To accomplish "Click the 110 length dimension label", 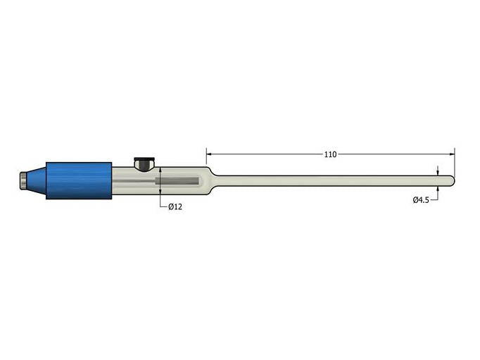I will [330, 154].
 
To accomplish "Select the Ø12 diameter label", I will [175, 206].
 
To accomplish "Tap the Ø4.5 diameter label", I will [421, 200].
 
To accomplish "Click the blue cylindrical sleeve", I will [79, 180].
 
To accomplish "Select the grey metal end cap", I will [23, 181].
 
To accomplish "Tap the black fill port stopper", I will [144, 164].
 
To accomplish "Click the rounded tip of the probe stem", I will [452, 181].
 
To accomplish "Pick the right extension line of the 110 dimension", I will [455, 161].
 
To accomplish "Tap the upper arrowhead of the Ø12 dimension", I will [160, 170].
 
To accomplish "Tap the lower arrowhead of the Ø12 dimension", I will [160, 192].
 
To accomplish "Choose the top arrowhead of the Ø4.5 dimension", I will [438, 173].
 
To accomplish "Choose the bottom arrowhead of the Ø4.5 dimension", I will [438, 190].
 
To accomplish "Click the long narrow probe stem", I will [331, 181].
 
